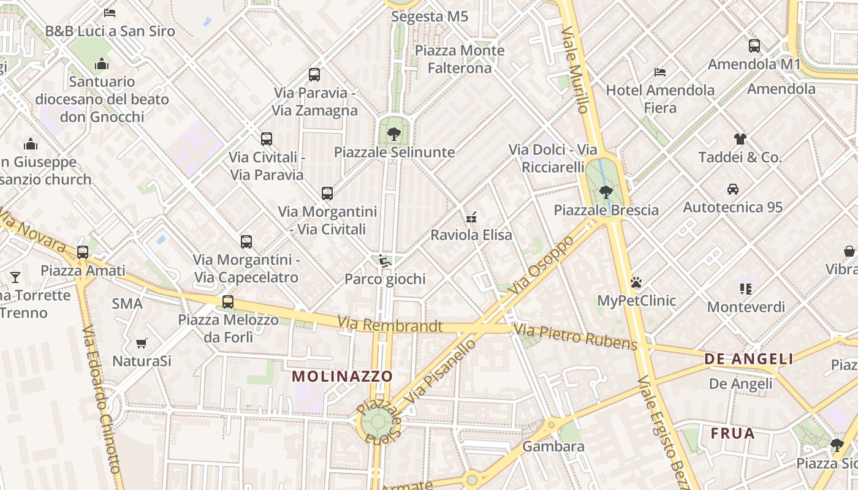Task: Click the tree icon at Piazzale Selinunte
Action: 393,134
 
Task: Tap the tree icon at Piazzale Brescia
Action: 606,192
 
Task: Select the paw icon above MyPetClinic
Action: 636,283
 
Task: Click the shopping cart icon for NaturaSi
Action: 142,343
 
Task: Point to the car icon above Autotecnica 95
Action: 732,189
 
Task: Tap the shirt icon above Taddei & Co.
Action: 740,139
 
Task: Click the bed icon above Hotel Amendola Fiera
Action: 660,72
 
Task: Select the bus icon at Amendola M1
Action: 754,46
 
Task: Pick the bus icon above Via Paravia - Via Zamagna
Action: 314,75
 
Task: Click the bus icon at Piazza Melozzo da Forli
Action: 228,301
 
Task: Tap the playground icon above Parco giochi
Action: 384,262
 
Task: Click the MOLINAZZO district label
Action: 342,376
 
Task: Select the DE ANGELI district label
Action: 748,359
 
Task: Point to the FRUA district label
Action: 732,434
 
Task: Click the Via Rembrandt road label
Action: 390,325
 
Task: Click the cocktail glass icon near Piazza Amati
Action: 15,277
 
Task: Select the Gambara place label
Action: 553,446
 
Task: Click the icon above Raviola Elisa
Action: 471,217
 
